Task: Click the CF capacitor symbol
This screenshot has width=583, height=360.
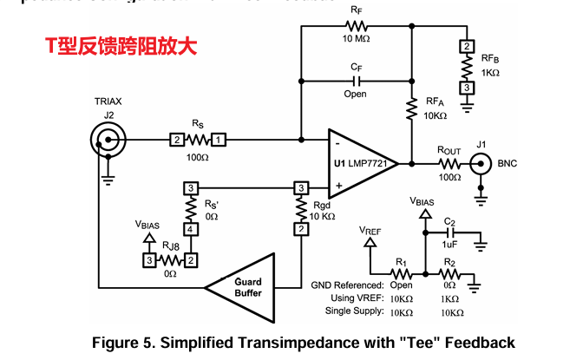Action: (x=356, y=81)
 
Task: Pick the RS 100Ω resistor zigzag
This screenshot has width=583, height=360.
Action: (x=197, y=139)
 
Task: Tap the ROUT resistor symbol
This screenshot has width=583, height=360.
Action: (x=449, y=162)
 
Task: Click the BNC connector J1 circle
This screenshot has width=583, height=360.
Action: (x=480, y=162)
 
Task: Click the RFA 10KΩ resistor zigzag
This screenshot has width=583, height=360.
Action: (x=411, y=108)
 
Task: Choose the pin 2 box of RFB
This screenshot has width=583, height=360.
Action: (x=467, y=47)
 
